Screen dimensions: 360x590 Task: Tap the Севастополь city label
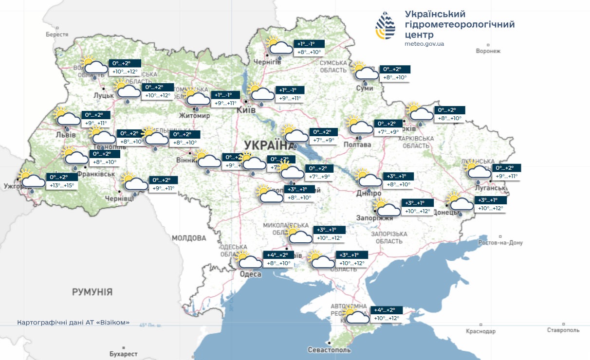pyautogui.click(x=329, y=350)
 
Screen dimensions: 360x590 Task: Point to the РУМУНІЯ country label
pyautogui.click(x=92, y=292)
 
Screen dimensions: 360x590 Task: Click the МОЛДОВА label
pyautogui.click(x=189, y=238)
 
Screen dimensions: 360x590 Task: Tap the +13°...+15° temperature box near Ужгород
pyautogui.click(x=62, y=185)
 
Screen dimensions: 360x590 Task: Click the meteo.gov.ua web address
pyautogui.click(x=424, y=44)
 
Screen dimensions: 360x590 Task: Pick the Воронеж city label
pyautogui.click(x=488, y=51)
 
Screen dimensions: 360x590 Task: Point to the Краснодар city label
pyautogui.click(x=480, y=331)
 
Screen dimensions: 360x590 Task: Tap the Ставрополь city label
pyautogui.click(x=563, y=330)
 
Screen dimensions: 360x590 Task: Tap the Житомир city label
pyautogui.click(x=194, y=116)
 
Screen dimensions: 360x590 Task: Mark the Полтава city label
pyautogui.click(x=357, y=144)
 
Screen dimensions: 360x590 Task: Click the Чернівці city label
pyautogui.click(x=119, y=199)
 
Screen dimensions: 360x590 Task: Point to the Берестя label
pyautogui.click(x=57, y=35)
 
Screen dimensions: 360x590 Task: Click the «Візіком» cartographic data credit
pyautogui.click(x=73, y=323)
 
